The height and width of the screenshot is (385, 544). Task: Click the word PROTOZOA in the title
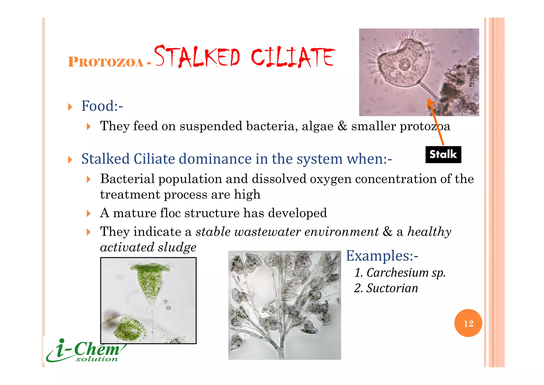[105, 62]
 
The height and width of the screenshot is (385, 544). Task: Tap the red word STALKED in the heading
[197, 57]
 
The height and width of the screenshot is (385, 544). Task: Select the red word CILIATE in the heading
[293, 57]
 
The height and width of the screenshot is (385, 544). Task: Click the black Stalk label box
[443, 155]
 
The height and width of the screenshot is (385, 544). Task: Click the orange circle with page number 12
[468, 323]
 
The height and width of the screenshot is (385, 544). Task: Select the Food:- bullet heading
[102, 106]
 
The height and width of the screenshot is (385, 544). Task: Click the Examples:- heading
[382, 256]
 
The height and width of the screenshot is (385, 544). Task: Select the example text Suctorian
[392, 288]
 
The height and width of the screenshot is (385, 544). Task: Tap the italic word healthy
[429, 232]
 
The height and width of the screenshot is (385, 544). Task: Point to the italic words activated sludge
[148, 247]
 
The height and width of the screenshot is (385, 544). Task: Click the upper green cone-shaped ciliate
[150, 282]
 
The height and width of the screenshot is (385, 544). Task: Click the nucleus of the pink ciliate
[405, 64]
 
